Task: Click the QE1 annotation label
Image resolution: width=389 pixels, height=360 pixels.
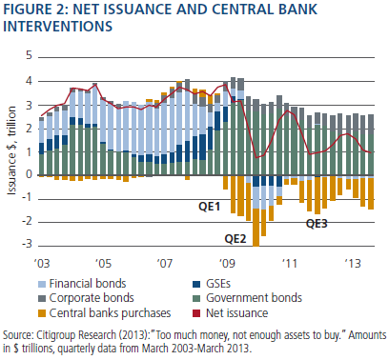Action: click(209, 207)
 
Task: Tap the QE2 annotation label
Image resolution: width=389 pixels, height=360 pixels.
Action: click(235, 238)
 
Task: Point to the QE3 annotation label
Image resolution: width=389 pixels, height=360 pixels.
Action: click(317, 224)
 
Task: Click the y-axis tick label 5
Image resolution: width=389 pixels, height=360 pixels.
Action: click(29, 55)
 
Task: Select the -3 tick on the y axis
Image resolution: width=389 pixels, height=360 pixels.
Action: click(27, 244)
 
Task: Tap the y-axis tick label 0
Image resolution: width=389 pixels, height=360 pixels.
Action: click(29, 174)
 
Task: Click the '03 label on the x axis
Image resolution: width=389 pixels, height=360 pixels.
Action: click(41, 263)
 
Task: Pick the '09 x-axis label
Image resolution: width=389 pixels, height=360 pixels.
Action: click(227, 263)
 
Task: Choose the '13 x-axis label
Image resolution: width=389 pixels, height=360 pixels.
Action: click(353, 263)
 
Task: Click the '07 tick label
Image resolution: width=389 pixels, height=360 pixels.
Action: click(165, 263)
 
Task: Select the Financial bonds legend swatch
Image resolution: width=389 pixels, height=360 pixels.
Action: click(42, 284)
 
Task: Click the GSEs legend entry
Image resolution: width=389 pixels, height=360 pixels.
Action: click(212, 283)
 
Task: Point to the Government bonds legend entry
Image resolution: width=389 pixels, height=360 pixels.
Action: click(247, 298)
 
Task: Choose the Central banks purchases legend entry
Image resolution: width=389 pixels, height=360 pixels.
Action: click(104, 313)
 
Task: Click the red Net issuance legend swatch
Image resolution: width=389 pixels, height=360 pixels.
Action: click(196, 313)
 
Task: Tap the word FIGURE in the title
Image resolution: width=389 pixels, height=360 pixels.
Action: click(26, 9)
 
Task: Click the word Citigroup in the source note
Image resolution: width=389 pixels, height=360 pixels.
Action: click(56, 335)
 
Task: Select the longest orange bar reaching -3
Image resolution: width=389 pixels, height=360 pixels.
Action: click(256, 227)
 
